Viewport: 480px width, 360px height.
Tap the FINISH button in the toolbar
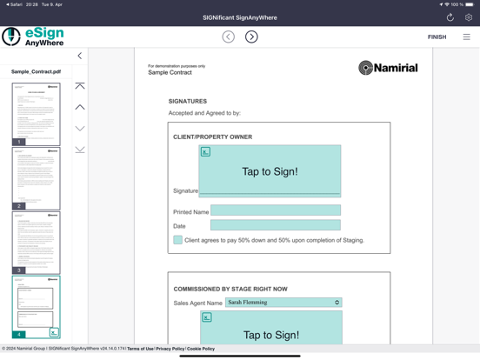[x=437, y=37]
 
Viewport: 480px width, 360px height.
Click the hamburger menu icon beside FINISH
[x=466, y=37]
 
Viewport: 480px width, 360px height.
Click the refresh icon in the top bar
[x=450, y=17]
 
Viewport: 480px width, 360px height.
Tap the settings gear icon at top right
[x=469, y=17]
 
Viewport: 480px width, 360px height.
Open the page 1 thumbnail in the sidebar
[x=36, y=114]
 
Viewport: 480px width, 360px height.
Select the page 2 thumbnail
[x=36, y=178]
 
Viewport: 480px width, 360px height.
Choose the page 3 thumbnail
[x=36, y=243]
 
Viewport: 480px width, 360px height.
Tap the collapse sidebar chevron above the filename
[x=80, y=56]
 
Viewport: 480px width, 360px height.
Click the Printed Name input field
[x=275, y=210]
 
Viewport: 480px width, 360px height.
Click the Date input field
[x=275, y=225]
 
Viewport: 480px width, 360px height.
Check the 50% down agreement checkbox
[x=178, y=240]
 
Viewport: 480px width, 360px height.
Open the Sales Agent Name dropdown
[x=283, y=303]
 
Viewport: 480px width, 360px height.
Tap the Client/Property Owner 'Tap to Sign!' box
[x=270, y=171]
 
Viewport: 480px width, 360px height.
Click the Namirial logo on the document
[x=388, y=68]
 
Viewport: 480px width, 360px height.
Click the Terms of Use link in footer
[x=140, y=349]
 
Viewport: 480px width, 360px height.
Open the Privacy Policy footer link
[x=170, y=349]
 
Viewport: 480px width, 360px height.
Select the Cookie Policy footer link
[x=201, y=349]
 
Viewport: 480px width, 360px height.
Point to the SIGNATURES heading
[x=188, y=102]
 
